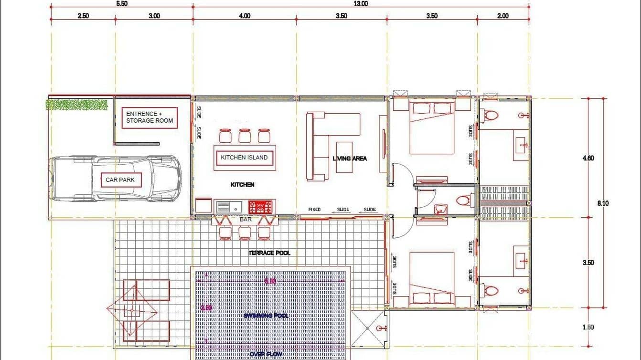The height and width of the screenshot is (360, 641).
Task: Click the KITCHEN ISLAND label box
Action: click(x=244, y=157)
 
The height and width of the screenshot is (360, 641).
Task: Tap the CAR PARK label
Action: click(x=120, y=180)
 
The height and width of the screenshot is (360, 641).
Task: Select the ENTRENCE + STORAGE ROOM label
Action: click(x=149, y=117)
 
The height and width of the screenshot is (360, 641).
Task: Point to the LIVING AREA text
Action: click(x=350, y=159)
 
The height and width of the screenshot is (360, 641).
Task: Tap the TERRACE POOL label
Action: click(x=269, y=253)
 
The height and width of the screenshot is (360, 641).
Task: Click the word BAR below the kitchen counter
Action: click(x=245, y=221)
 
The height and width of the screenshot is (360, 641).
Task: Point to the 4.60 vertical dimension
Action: click(x=588, y=159)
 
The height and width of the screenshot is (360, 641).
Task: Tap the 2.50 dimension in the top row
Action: click(x=83, y=16)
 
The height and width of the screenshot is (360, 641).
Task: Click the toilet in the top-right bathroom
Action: click(x=491, y=115)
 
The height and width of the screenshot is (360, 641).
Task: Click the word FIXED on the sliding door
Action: click(x=314, y=210)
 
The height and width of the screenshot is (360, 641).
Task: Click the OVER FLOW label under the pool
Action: click(x=264, y=354)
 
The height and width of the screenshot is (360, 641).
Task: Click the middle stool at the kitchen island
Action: click(x=245, y=136)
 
